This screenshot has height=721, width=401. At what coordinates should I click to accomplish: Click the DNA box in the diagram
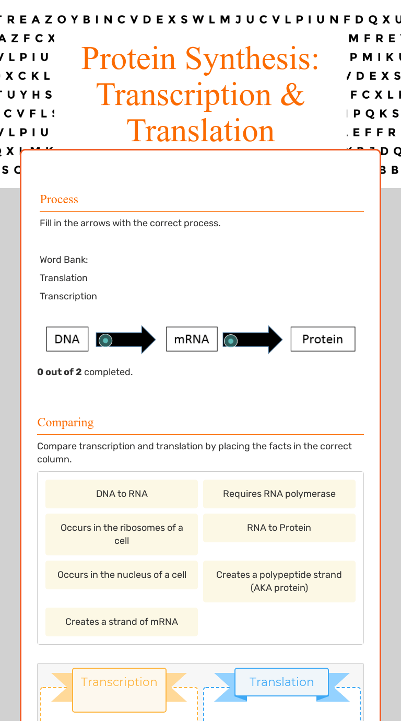[x=67, y=339]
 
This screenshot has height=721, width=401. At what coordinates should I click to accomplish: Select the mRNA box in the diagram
[x=192, y=339]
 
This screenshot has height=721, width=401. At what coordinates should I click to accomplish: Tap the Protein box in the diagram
[x=323, y=339]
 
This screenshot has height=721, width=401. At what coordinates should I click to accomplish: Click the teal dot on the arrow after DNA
[x=105, y=341]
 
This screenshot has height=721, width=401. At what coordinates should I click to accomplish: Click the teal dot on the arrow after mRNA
[x=230, y=341]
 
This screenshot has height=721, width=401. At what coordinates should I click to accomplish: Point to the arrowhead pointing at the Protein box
[x=275, y=340]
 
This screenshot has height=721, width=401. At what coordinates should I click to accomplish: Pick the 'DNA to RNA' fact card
[x=122, y=494]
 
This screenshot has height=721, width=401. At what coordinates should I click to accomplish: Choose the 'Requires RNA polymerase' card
[x=279, y=494]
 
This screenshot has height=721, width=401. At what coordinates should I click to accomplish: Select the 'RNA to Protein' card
[x=279, y=528]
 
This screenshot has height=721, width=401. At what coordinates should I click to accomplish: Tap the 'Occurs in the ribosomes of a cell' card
[x=122, y=534]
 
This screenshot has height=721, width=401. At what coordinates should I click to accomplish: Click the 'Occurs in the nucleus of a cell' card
[x=122, y=575]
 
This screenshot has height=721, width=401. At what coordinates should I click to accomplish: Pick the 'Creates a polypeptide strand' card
[x=279, y=581]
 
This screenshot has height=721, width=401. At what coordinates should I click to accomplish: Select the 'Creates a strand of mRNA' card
[x=122, y=622]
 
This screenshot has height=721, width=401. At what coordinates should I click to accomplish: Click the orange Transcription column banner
[x=119, y=682]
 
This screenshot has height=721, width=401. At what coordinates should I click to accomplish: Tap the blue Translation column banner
[x=281, y=682]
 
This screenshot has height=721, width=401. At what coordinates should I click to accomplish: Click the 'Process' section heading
[x=59, y=200]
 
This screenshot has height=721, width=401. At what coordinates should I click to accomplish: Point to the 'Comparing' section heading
[x=66, y=423]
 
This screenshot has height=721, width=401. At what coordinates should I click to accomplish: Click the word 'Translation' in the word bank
[x=64, y=278]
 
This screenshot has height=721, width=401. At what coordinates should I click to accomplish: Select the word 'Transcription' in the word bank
[x=68, y=296]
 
